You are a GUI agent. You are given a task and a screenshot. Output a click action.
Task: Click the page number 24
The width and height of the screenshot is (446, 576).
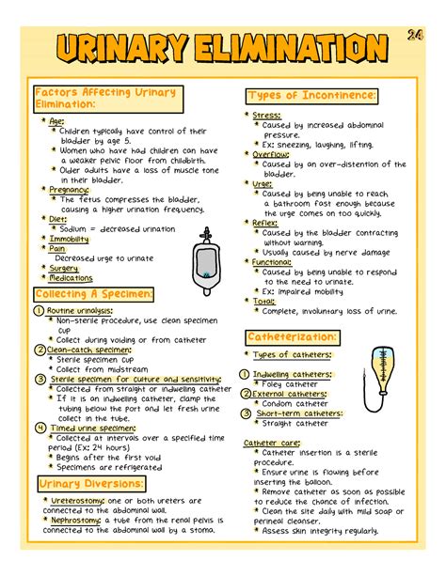[x=416, y=36]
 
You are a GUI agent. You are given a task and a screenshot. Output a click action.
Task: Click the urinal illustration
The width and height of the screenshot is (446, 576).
[x=201, y=256]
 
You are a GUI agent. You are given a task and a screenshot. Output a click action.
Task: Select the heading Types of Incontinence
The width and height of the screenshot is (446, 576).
[x=313, y=96]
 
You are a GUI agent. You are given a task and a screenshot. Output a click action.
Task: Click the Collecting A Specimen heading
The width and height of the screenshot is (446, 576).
[x=93, y=295]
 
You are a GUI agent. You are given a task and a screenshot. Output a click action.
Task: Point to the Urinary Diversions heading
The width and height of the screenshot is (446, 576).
[x=91, y=483]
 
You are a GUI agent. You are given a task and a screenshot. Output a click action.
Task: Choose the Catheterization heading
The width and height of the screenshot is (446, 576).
[x=292, y=335]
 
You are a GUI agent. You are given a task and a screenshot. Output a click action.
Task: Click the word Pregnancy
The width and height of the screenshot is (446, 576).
[x=70, y=189]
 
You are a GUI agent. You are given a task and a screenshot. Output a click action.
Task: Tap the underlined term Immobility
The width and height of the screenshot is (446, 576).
[x=70, y=239]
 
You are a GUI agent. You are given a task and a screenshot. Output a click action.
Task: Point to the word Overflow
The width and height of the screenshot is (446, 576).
[x=272, y=154]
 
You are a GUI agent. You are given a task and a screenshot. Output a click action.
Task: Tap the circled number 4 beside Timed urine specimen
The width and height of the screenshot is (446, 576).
[x=40, y=428]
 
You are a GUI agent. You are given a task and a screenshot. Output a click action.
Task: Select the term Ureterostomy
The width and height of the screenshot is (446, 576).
[x=78, y=501]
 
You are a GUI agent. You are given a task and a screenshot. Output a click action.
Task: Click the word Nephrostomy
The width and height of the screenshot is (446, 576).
[x=78, y=520]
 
